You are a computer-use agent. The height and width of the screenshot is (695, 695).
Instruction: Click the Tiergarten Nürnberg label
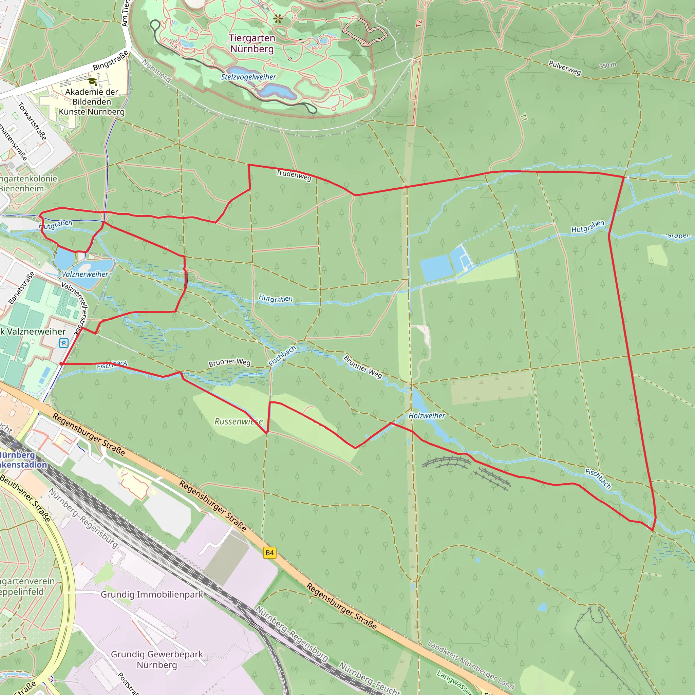(252, 43)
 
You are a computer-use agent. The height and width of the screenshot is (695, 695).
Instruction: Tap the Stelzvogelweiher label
(248, 77)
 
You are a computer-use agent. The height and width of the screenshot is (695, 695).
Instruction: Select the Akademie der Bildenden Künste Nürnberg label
(92, 102)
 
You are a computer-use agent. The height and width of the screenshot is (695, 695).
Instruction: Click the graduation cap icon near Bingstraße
(92, 81)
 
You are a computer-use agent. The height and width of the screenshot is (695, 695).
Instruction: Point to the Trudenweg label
(294, 175)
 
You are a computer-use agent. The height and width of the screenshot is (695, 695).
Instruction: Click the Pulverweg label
(564, 68)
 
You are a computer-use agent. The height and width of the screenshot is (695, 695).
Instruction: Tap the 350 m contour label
(608, 65)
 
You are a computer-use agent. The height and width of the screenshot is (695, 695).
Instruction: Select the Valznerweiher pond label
(85, 274)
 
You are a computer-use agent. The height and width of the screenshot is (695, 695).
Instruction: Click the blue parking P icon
(64, 343)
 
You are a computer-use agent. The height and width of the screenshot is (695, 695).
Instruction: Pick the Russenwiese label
(239, 421)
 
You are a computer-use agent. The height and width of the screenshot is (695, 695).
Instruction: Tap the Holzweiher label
(427, 416)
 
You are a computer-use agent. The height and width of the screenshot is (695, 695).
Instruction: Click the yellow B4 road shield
(269, 552)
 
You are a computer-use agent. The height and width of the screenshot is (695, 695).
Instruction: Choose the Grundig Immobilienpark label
(152, 594)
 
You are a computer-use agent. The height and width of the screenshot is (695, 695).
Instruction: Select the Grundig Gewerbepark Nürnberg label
(157, 659)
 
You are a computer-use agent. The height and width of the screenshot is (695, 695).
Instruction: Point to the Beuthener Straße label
(25, 499)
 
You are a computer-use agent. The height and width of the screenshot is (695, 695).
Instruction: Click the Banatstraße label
(22, 288)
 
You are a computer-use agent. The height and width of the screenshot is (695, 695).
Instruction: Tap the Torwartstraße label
(32, 121)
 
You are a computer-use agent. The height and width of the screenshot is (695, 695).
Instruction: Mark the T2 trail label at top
(419, 23)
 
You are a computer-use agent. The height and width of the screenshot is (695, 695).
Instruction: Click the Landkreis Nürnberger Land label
(471, 664)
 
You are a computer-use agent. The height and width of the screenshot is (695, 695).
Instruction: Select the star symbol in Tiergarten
(278, 19)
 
